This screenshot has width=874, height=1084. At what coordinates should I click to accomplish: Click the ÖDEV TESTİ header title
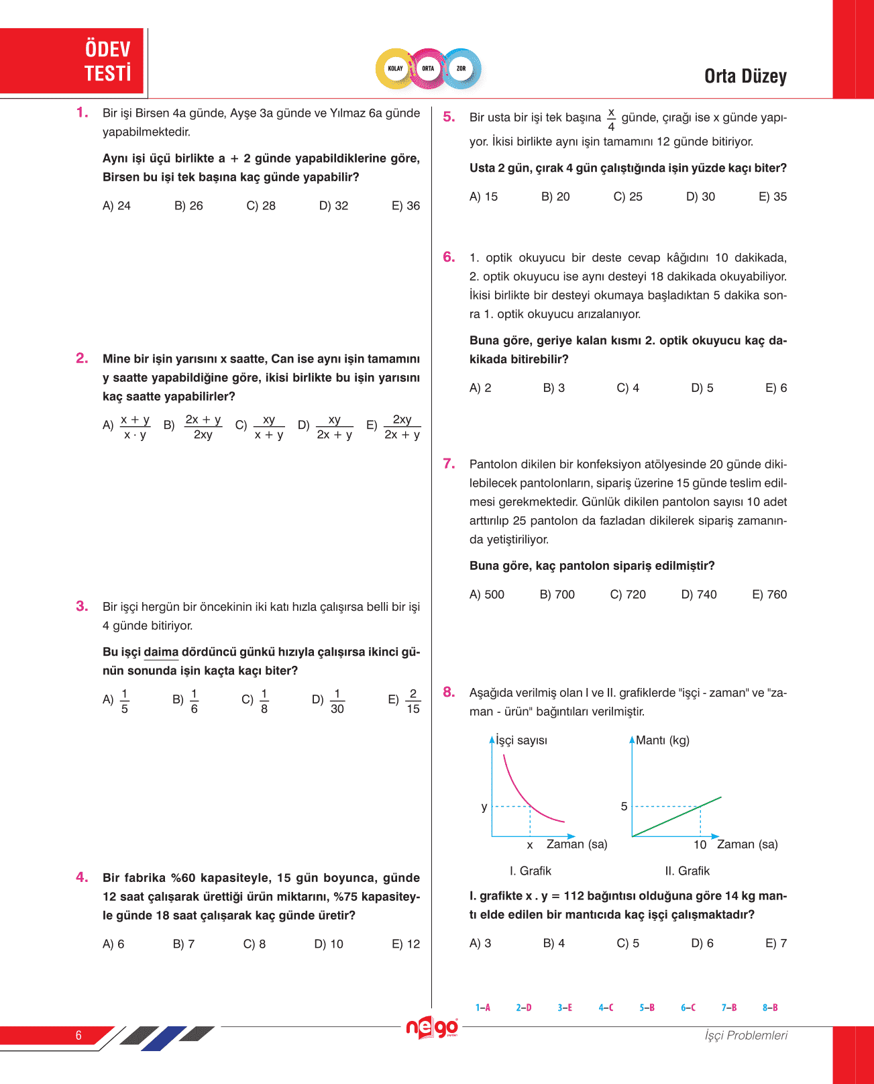pyautogui.click(x=107, y=60)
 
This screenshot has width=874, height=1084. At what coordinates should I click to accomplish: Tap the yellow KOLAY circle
pyautogui.click(x=396, y=68)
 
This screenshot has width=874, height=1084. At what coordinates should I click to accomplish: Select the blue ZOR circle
pyautogui.click(x=461, y=68)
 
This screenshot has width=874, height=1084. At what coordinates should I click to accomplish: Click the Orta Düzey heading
pyautogui.click(x=745, y=77)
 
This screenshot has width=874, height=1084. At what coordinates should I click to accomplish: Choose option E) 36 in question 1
pyautogui.click(x=406, y=206)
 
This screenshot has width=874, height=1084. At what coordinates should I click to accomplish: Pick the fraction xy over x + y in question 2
pyautogui.click(x=268, y=427)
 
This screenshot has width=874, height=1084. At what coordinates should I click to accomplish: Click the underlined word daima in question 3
pyautogui.click(x=161, y=652)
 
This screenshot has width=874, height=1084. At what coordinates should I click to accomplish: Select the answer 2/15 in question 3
pyautogui.click(x=413, y=701)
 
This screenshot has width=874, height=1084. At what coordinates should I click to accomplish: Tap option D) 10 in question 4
pyautogui.click(x=329, y=944)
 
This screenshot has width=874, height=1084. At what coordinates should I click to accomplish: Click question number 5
pyautogui.click(x=449, y=117)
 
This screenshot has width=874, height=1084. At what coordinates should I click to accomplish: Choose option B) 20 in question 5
pyautogui.click(x=555, y=197)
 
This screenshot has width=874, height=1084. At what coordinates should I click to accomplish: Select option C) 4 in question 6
pyautogui.click(x=628, y=388)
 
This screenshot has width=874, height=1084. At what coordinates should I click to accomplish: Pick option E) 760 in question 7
pyautogui.click(x=769, y=594)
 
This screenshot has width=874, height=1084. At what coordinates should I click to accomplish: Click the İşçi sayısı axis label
pyautogui.click(x=521, y=740)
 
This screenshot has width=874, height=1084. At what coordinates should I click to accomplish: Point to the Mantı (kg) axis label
pyautogui.click(x=662, y=740)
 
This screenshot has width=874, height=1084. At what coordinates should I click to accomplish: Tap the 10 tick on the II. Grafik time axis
pyautogui.click(x=700, y=844)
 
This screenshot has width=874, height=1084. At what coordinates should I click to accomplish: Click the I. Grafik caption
pyautogui.click(x=530, y=871)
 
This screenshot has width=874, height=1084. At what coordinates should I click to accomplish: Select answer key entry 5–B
pyautogui.click(x=647, y=1007)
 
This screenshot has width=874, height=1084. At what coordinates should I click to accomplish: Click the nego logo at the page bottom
pyautogui.click(x=432, y=1028)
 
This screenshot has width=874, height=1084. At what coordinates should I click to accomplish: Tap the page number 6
pyautogui.click(x=78, y=1035)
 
